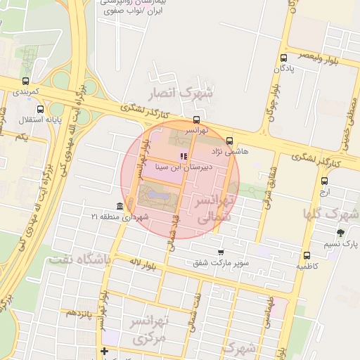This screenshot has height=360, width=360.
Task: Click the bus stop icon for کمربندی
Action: [26, 81]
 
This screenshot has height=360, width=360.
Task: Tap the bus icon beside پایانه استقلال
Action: [41, 109]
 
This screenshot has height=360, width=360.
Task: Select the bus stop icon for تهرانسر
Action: [196, 119]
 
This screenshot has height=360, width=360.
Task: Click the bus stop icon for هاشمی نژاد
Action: [230, 141]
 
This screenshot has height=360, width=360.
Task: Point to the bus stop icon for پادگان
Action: [283, 58]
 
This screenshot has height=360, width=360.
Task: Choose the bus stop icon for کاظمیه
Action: [307, 255]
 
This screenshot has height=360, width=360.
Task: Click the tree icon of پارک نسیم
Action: [341, 233]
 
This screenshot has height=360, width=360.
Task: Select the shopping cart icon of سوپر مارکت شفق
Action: [221, 252]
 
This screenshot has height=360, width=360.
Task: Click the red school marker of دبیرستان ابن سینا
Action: [184, 156]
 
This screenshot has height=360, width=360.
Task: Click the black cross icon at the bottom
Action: [105, 351]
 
